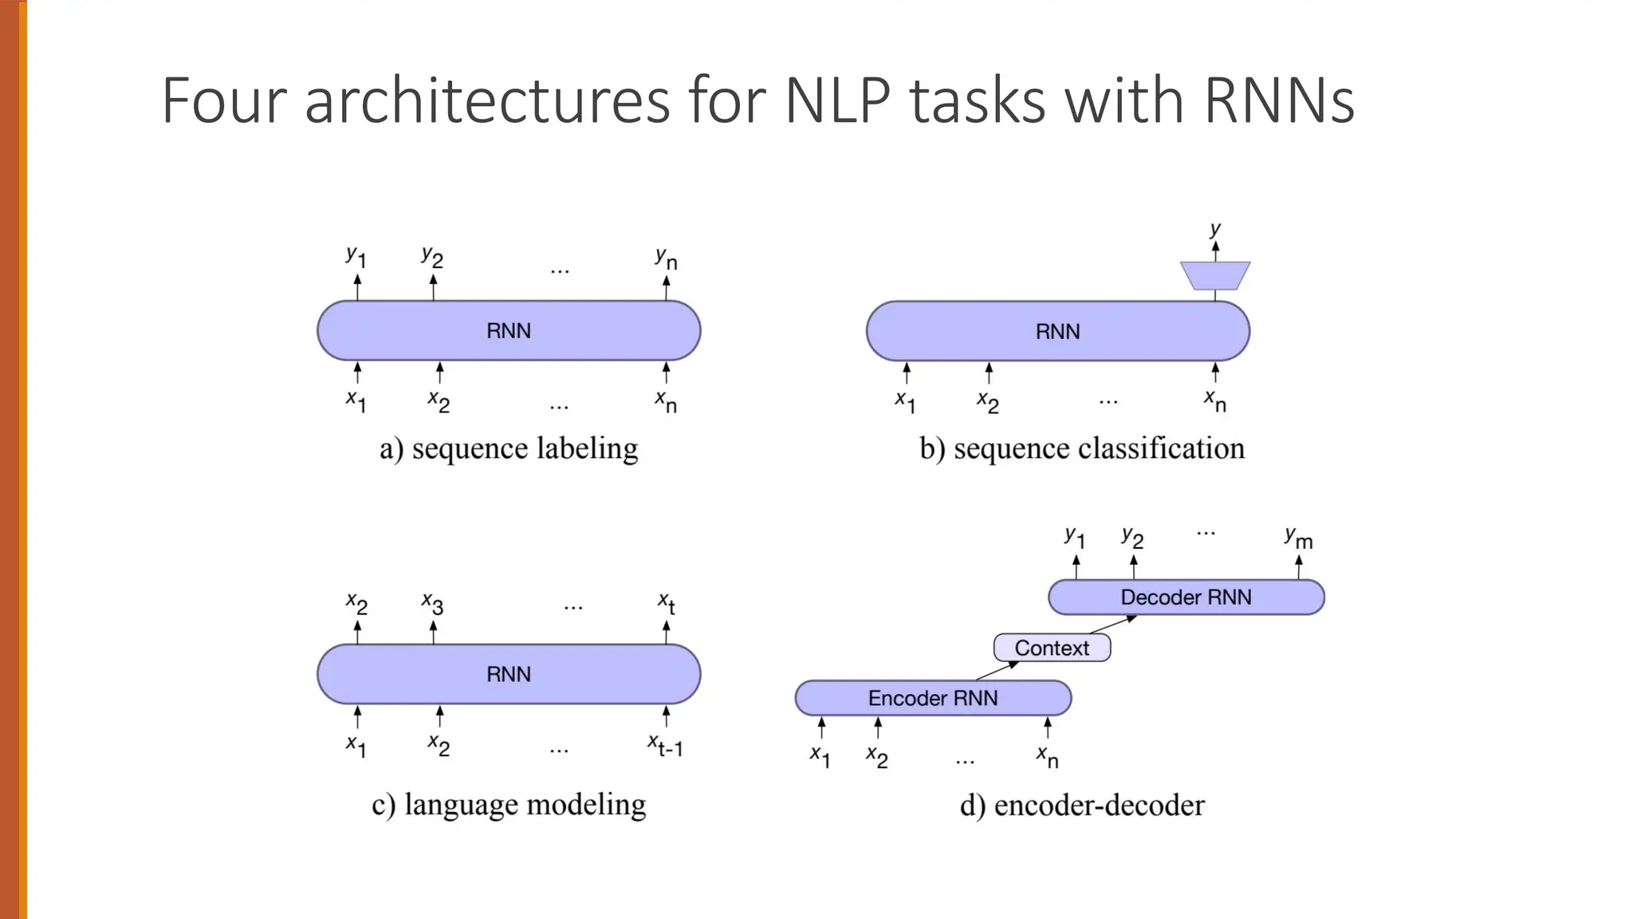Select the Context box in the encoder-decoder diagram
coord(1051,648)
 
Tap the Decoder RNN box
coord(1186,598)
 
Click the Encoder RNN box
coord(932,698)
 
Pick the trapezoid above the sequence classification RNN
coord(1214,275)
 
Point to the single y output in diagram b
coord(1214,230)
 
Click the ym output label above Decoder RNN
coord(1298,538)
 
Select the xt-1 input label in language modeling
coord(665,747)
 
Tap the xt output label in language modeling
coord(667,603)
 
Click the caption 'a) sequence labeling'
coord(509,448)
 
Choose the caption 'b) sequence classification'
coord(1081,448)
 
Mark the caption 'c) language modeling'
coord(509,804)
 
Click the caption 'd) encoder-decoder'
coord(1081,805)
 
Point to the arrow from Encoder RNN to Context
coord(997,671)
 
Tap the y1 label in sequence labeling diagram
coord(356,257)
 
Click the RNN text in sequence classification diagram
coord(1057,332)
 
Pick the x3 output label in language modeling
coord(432,603)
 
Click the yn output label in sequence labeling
coord(666,258)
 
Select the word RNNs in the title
coord(1279,101)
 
